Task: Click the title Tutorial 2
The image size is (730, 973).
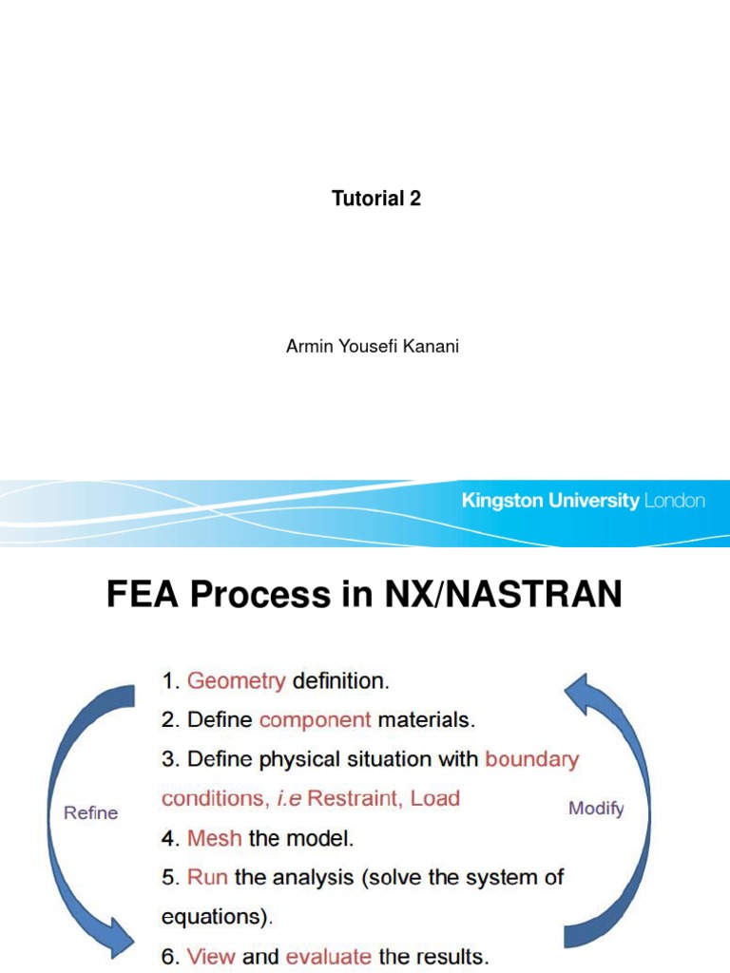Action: tap(375, 199)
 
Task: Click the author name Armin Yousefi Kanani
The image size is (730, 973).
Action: tap(373, 346)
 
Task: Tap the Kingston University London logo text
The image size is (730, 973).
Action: tap(583, 501)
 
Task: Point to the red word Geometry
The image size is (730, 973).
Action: tap(237, 680)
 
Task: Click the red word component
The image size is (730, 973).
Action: tap(315, 720)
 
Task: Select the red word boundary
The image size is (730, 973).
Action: tap(531, 759)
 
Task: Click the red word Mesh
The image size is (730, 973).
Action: tap(215, 839)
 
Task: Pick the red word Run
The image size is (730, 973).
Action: tap(207, 878)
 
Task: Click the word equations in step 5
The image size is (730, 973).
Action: tap(215, 918)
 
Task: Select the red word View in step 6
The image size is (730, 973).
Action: tap(210, 957)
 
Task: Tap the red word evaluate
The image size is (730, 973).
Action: tap(329, 957)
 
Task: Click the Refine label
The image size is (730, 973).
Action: tap(90, 812)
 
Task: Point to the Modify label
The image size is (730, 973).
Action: tap(596, 809)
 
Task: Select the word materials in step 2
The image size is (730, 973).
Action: tap(424, 720)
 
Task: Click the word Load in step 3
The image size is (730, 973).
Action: tap(435, 798)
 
